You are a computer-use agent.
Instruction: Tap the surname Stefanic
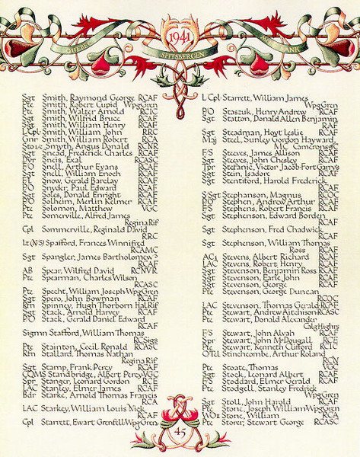coord(236,167)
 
